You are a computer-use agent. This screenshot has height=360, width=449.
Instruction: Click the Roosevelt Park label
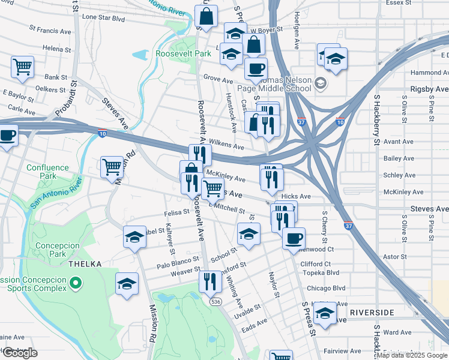coord(183,53)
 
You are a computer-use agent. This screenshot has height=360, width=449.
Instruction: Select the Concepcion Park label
coord(58,250)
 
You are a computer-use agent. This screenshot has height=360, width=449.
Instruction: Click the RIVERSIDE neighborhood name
coord(372,313)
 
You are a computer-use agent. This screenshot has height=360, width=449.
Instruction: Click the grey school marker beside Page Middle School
coord(321,83)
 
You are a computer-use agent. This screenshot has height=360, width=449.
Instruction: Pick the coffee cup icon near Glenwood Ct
coord(293,238)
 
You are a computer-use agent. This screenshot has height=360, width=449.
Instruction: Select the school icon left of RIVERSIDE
coord(325,313)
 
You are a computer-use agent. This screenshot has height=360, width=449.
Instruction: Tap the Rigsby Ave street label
coord(429,89)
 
